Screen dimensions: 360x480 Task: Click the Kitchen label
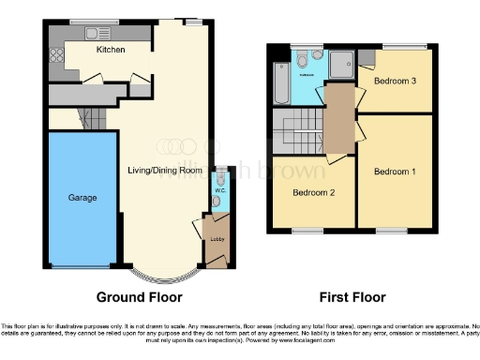(112, 50)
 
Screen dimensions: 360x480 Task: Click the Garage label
(82, 198)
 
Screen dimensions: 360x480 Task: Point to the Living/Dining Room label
(165, 170)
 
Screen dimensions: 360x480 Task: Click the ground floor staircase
(89, 118)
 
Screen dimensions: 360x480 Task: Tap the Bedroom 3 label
(395, 82)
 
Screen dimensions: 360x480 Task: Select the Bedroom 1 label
(394, 172)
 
